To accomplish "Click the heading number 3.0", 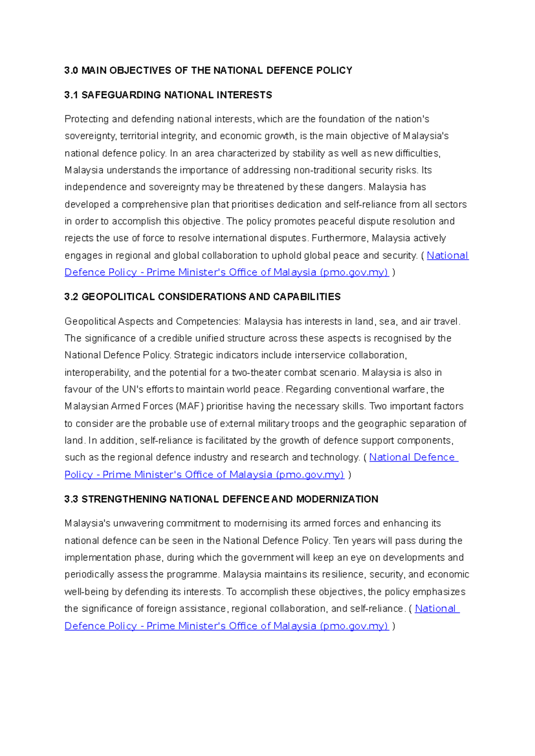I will tap(71, 70).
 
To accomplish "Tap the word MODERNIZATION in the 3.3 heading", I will tap(337, 499).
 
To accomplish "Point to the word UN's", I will tap(132, 390).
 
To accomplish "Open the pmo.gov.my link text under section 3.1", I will tap(354, 272).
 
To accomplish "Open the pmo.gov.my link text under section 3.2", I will tap(310, 475).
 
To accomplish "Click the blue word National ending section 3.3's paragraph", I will tap(436, 609).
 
